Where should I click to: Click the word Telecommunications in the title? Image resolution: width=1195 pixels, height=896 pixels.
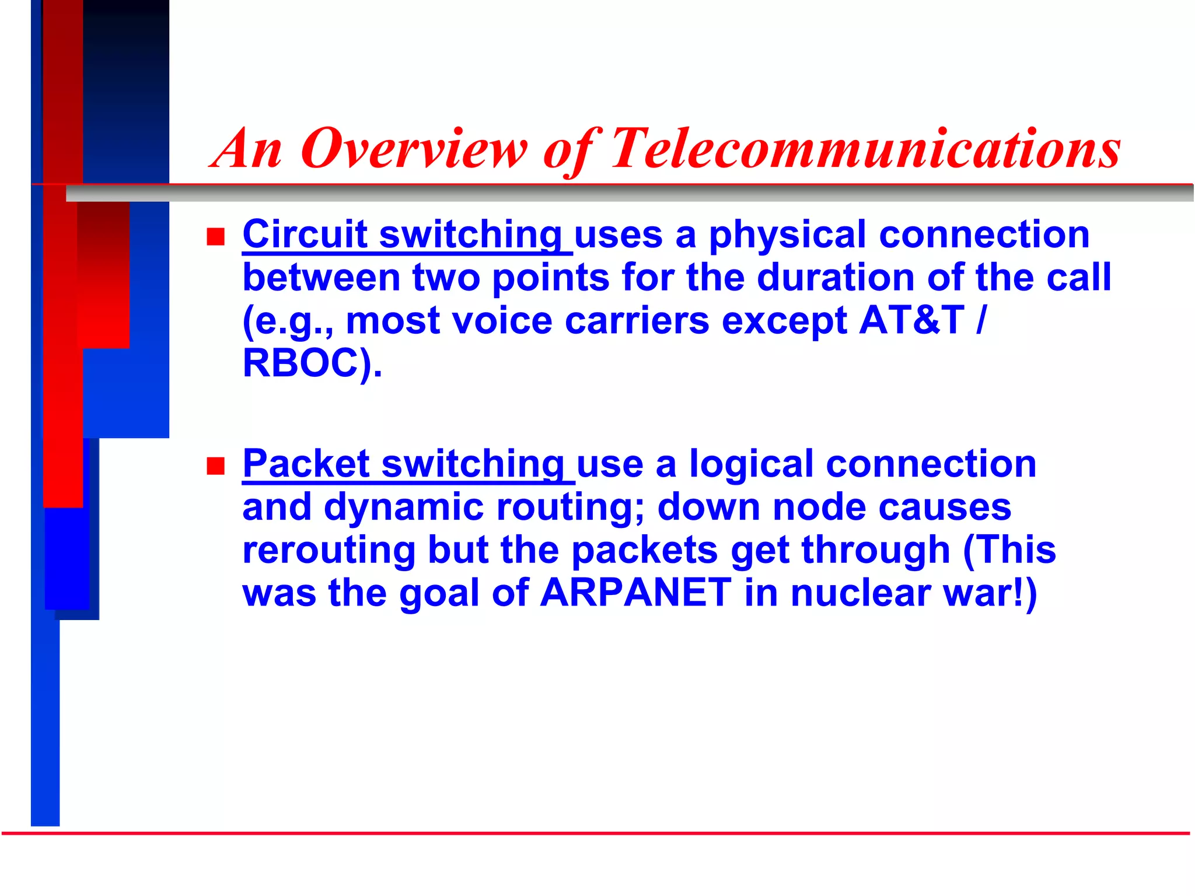[865, 149]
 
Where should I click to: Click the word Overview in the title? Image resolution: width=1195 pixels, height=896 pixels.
[413, 149]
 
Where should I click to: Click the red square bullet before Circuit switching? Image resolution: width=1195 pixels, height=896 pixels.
[216, 237]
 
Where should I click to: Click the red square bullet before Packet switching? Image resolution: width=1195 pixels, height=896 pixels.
[216, 466]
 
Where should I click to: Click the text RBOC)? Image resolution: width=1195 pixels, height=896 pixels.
[312, 363]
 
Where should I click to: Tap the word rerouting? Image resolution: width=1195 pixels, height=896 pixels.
[329, 550]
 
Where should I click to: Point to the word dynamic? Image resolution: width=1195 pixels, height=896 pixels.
[404, 507]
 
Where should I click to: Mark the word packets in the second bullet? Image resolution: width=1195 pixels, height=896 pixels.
[644, 550]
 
